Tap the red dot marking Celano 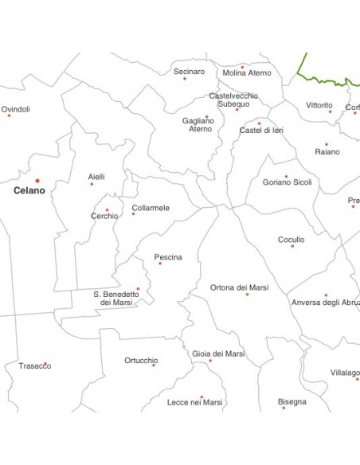tap(37, 181)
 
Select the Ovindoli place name tap(16, 109)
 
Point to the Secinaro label tap(189, 72)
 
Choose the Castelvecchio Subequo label tap(233, 100)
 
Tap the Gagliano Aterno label tap(198, 124)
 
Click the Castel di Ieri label tap(261, 130)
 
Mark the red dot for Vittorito tap(330, 111)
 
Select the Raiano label tap(327, 151)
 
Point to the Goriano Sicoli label tap(288, 182)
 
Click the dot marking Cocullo tap(292, 246)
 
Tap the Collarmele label tap(151, 208)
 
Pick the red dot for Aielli tap(92, 184)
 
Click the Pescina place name tap(168, 257)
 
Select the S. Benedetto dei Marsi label tap(116, 298)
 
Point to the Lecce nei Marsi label tap(195, 403)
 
